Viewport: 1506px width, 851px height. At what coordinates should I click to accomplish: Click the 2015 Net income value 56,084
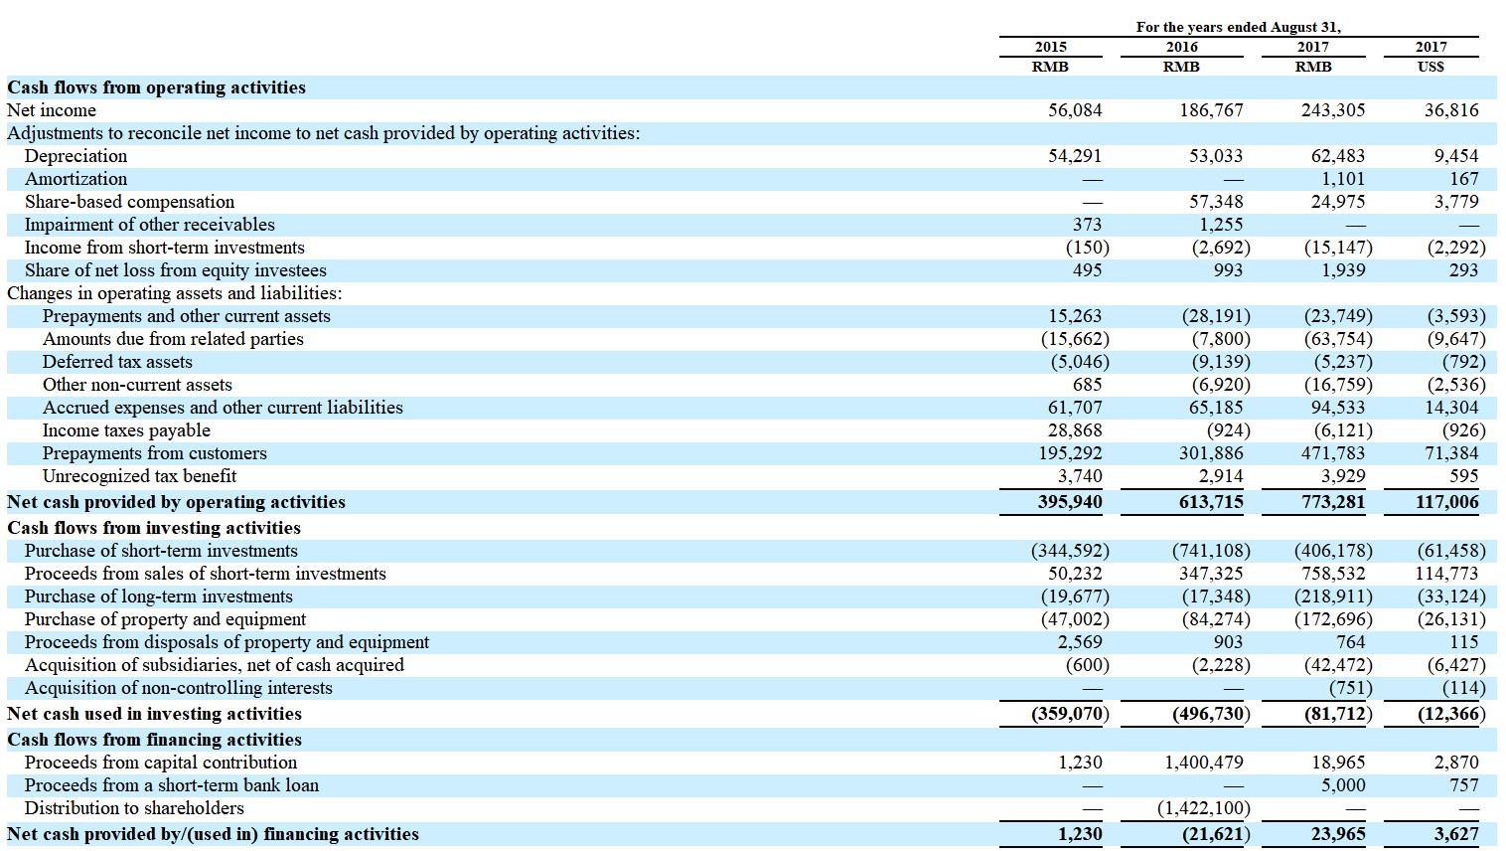[1075, 110]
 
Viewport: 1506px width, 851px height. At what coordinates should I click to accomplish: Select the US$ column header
[1431, 67]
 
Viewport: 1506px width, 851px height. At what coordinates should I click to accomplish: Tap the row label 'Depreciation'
[75, 156]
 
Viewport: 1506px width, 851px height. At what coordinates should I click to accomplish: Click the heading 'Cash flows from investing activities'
[154, 528]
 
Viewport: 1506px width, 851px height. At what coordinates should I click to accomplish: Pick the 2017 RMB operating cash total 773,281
[1333, 502]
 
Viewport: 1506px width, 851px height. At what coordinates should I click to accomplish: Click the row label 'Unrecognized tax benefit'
[139, 476]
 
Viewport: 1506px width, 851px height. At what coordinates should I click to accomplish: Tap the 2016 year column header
[1181, 47]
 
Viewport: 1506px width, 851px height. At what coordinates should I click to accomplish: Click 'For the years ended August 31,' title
[1238, 27]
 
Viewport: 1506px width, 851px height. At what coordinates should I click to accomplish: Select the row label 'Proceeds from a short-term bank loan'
[172, 785]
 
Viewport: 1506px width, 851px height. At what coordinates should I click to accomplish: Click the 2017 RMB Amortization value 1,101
[1343, 179]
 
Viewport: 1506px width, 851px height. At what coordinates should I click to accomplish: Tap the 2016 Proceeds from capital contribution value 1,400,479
[1203, 763]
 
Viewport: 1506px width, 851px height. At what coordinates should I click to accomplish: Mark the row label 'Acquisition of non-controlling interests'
[179, 688]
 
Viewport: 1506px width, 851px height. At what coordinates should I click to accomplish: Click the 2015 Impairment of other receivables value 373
[1087, 225]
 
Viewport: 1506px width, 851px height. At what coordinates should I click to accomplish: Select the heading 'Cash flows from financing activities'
[154, 740]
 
